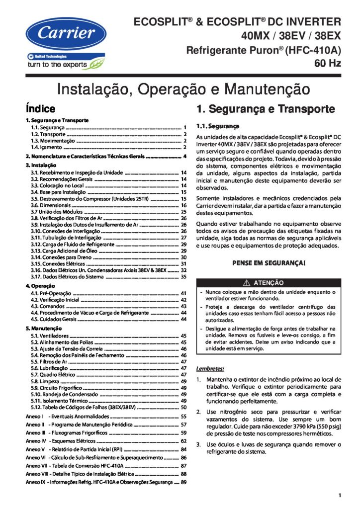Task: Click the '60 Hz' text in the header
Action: tap(327, 63)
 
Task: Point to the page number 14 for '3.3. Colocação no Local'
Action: tap(183, 185)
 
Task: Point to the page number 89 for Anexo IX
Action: tap(183, 482)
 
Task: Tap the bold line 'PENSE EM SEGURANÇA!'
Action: tap(269, 262)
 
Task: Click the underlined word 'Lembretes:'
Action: tap(210, 369)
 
